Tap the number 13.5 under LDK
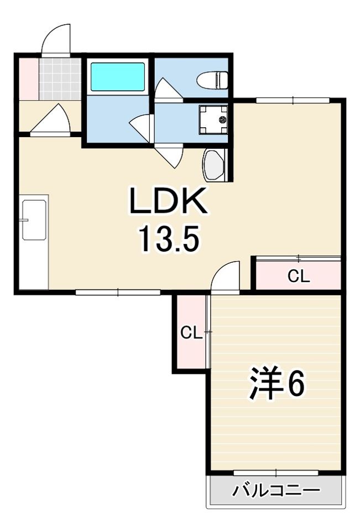tap(168, 239)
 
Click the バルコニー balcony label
tap(276, 490)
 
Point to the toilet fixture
tap(212, 80)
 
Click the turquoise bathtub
tap(118, 76)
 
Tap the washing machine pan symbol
tap(213, 120)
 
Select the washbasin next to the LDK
tap(213, 165)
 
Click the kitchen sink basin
tap(34, 220)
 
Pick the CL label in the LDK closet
tap(299, 277)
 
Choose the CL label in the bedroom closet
tap(191, 333)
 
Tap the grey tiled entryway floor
tap(60, 79)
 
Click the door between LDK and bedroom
tap(225, 276)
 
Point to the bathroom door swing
tap(141, 128)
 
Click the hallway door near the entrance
tap(50, 119)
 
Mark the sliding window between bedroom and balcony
tap(276, 472)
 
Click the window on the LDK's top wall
tap(293, 100)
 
